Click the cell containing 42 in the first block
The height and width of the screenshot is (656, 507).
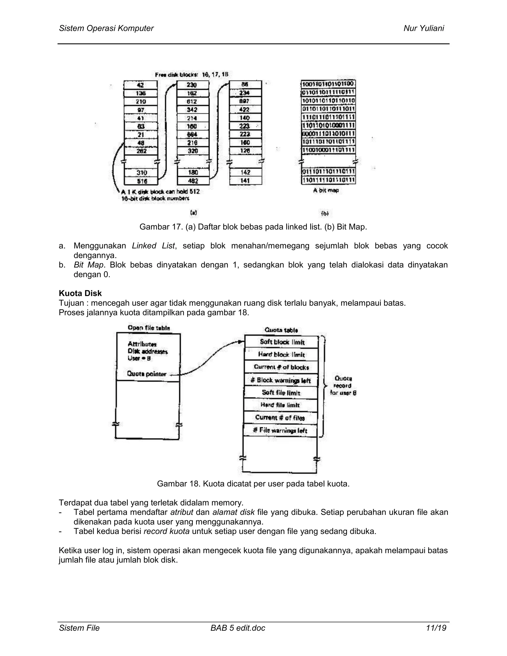coord(141,85)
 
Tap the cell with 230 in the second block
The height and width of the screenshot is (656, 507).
coord(193,85)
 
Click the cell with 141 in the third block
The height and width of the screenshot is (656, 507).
coord(245,181)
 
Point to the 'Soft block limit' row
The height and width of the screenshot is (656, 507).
coord(282,342)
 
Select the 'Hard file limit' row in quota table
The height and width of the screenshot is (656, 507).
coord(280,405)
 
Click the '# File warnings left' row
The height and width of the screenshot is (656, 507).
coord(280,430)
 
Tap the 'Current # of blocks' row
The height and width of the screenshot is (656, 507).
coord(281,367)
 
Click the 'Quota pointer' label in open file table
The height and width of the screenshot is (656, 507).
coord(147,374)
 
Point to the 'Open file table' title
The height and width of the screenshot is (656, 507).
coord(149,328)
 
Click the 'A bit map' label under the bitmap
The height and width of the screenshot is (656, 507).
coord(326,190)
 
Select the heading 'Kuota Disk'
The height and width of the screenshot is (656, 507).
coord(80,293)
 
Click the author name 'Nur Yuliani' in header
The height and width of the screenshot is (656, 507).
coord(424,28)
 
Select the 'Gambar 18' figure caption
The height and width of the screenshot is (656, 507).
coord(253,484)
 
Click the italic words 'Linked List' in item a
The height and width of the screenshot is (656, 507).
coord(153,246)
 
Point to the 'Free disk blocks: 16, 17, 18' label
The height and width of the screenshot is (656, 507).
coord(192,75)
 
